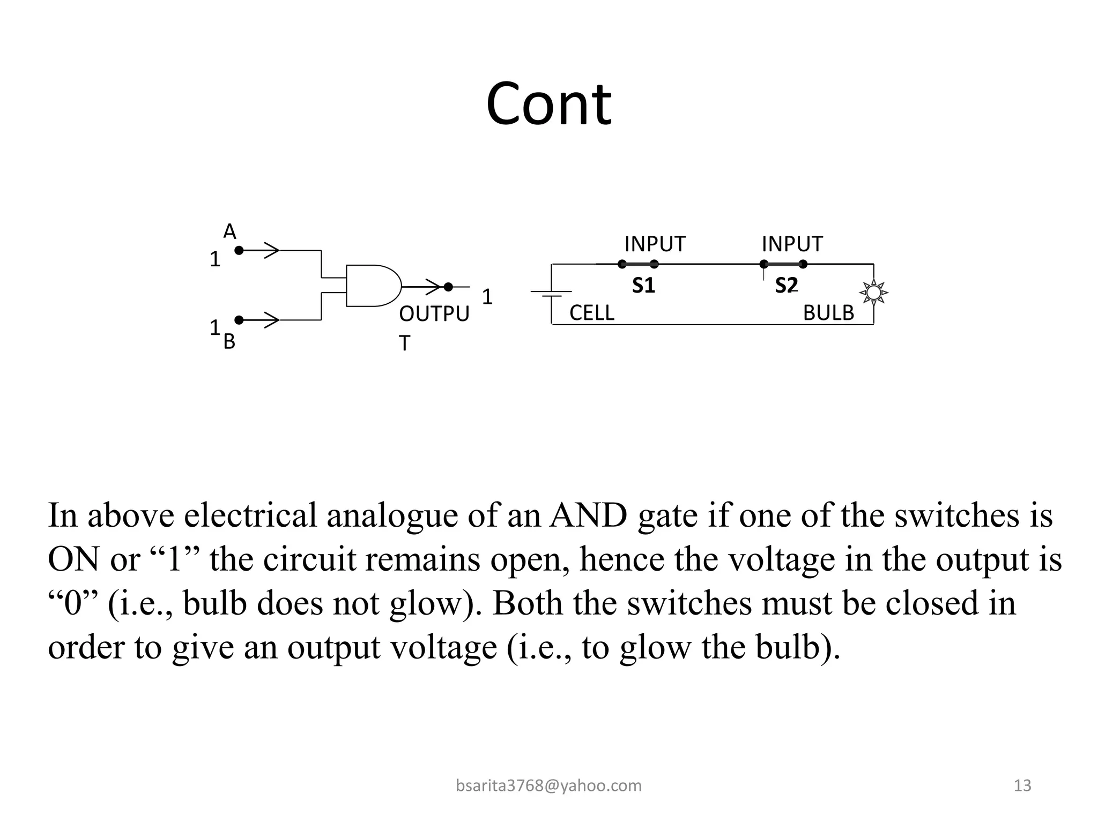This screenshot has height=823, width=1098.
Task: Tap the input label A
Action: [x=229, y=232]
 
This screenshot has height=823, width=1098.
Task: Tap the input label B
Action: [x=229, y=341]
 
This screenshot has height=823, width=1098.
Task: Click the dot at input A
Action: [x=239, y=250]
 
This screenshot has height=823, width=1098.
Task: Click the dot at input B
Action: [x=239, y=320]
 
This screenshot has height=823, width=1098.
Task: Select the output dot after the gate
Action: [x=448, y=287]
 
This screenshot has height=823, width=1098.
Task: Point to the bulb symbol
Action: [x=873, y=293]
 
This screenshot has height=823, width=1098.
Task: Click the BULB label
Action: [x=828, y=313]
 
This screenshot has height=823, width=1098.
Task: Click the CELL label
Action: [x=591, y=313]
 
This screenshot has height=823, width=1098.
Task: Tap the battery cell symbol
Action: [x=551, y=293]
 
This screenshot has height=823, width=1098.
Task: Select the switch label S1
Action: [x=643, y=286]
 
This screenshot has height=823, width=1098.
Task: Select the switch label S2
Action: [x=787, y=286]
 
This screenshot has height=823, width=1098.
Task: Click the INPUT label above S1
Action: [x=655, y=244]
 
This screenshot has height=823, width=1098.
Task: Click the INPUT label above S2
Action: [x=792, y=244]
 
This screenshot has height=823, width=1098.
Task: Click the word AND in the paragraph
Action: [x=588, y=515]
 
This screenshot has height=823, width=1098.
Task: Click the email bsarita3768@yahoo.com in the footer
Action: [x=548, y=785]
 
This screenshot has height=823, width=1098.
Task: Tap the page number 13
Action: [x=1022, y=785]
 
